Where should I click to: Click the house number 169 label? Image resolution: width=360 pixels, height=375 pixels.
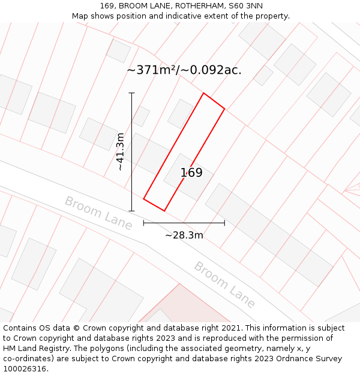pos(191,173)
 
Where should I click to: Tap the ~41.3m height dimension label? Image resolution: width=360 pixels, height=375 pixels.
pos(121,152)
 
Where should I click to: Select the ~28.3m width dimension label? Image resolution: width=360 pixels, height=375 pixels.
pos(184,235)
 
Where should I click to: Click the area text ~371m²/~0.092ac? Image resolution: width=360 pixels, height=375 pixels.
pos(184,70)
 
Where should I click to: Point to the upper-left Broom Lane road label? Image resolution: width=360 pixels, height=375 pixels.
pos(98,212)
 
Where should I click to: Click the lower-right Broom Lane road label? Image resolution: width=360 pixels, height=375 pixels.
pos(224,284)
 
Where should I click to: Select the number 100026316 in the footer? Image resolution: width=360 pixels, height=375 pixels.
pos(24,369)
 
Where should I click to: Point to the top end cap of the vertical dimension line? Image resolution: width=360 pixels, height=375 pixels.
pos(131,93)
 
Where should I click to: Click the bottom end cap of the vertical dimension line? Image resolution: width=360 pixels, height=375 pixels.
pos(131,211)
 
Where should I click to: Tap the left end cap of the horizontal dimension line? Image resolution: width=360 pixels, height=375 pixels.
pos(143,223)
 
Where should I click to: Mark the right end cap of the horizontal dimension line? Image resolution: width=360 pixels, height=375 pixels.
pos(224,223)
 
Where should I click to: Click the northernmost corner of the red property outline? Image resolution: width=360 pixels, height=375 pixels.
pos(203,93)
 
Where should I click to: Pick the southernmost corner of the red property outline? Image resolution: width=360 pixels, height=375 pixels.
pos(164,211)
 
